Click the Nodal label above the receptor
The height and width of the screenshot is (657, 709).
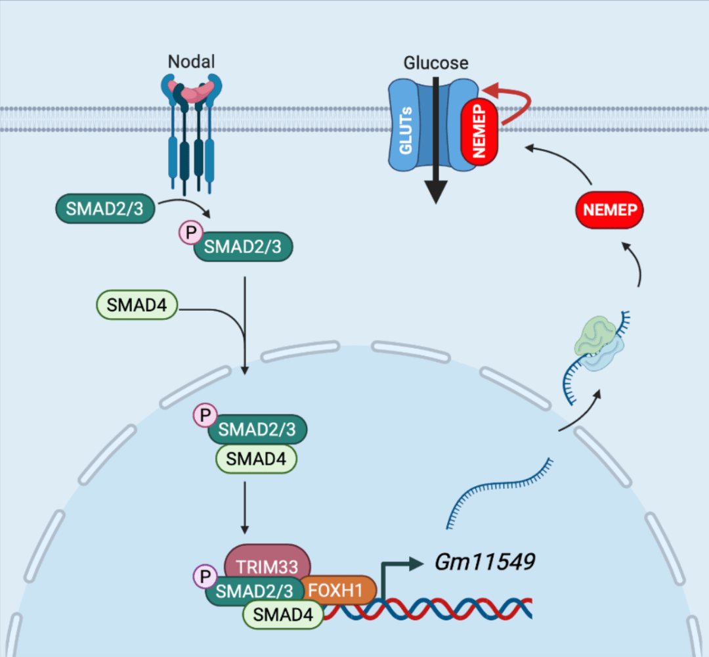click(x=191, y=62)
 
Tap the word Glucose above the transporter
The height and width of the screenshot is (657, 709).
click(x=436, y=63)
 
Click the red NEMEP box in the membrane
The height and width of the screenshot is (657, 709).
click(x=479, y=129)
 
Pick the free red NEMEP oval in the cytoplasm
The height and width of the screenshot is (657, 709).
click(x=609, y=211)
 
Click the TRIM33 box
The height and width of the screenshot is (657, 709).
click(x=267, y=562)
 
